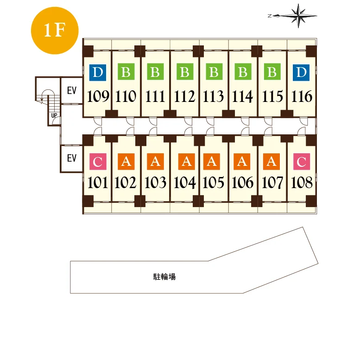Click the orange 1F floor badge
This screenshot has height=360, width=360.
[x=55, y=31]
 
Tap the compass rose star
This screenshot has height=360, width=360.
[x=298, y=16]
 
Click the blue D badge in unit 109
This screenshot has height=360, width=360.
[x=98, y=72]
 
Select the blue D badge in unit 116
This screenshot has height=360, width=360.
[x=301, y=72]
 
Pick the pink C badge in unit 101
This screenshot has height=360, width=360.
[x=98, y=162]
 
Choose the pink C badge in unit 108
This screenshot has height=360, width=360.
[x=302, y=162]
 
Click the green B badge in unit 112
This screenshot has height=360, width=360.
[x=185, y=72]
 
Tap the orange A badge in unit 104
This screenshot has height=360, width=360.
[x=187, y=162]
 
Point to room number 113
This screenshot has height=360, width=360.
[x=214, y=96]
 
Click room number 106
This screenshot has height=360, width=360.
[x=243, y=183]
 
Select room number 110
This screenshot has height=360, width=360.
[x=126, y=96]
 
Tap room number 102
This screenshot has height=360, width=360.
[x=126, y=183]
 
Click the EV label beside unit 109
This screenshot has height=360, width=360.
[x=72, y=90]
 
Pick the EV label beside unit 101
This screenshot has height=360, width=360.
[x=72, y=158]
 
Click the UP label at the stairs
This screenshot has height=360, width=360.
[x=54, y=115]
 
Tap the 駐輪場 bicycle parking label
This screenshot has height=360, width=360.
[x=164, y=277]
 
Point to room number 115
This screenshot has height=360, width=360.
[x=272, y=96]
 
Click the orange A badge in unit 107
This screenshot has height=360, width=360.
[x=272, y=162]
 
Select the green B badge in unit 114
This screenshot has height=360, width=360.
[x=243, y=72]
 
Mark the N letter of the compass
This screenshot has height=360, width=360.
[x=270, y=16]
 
